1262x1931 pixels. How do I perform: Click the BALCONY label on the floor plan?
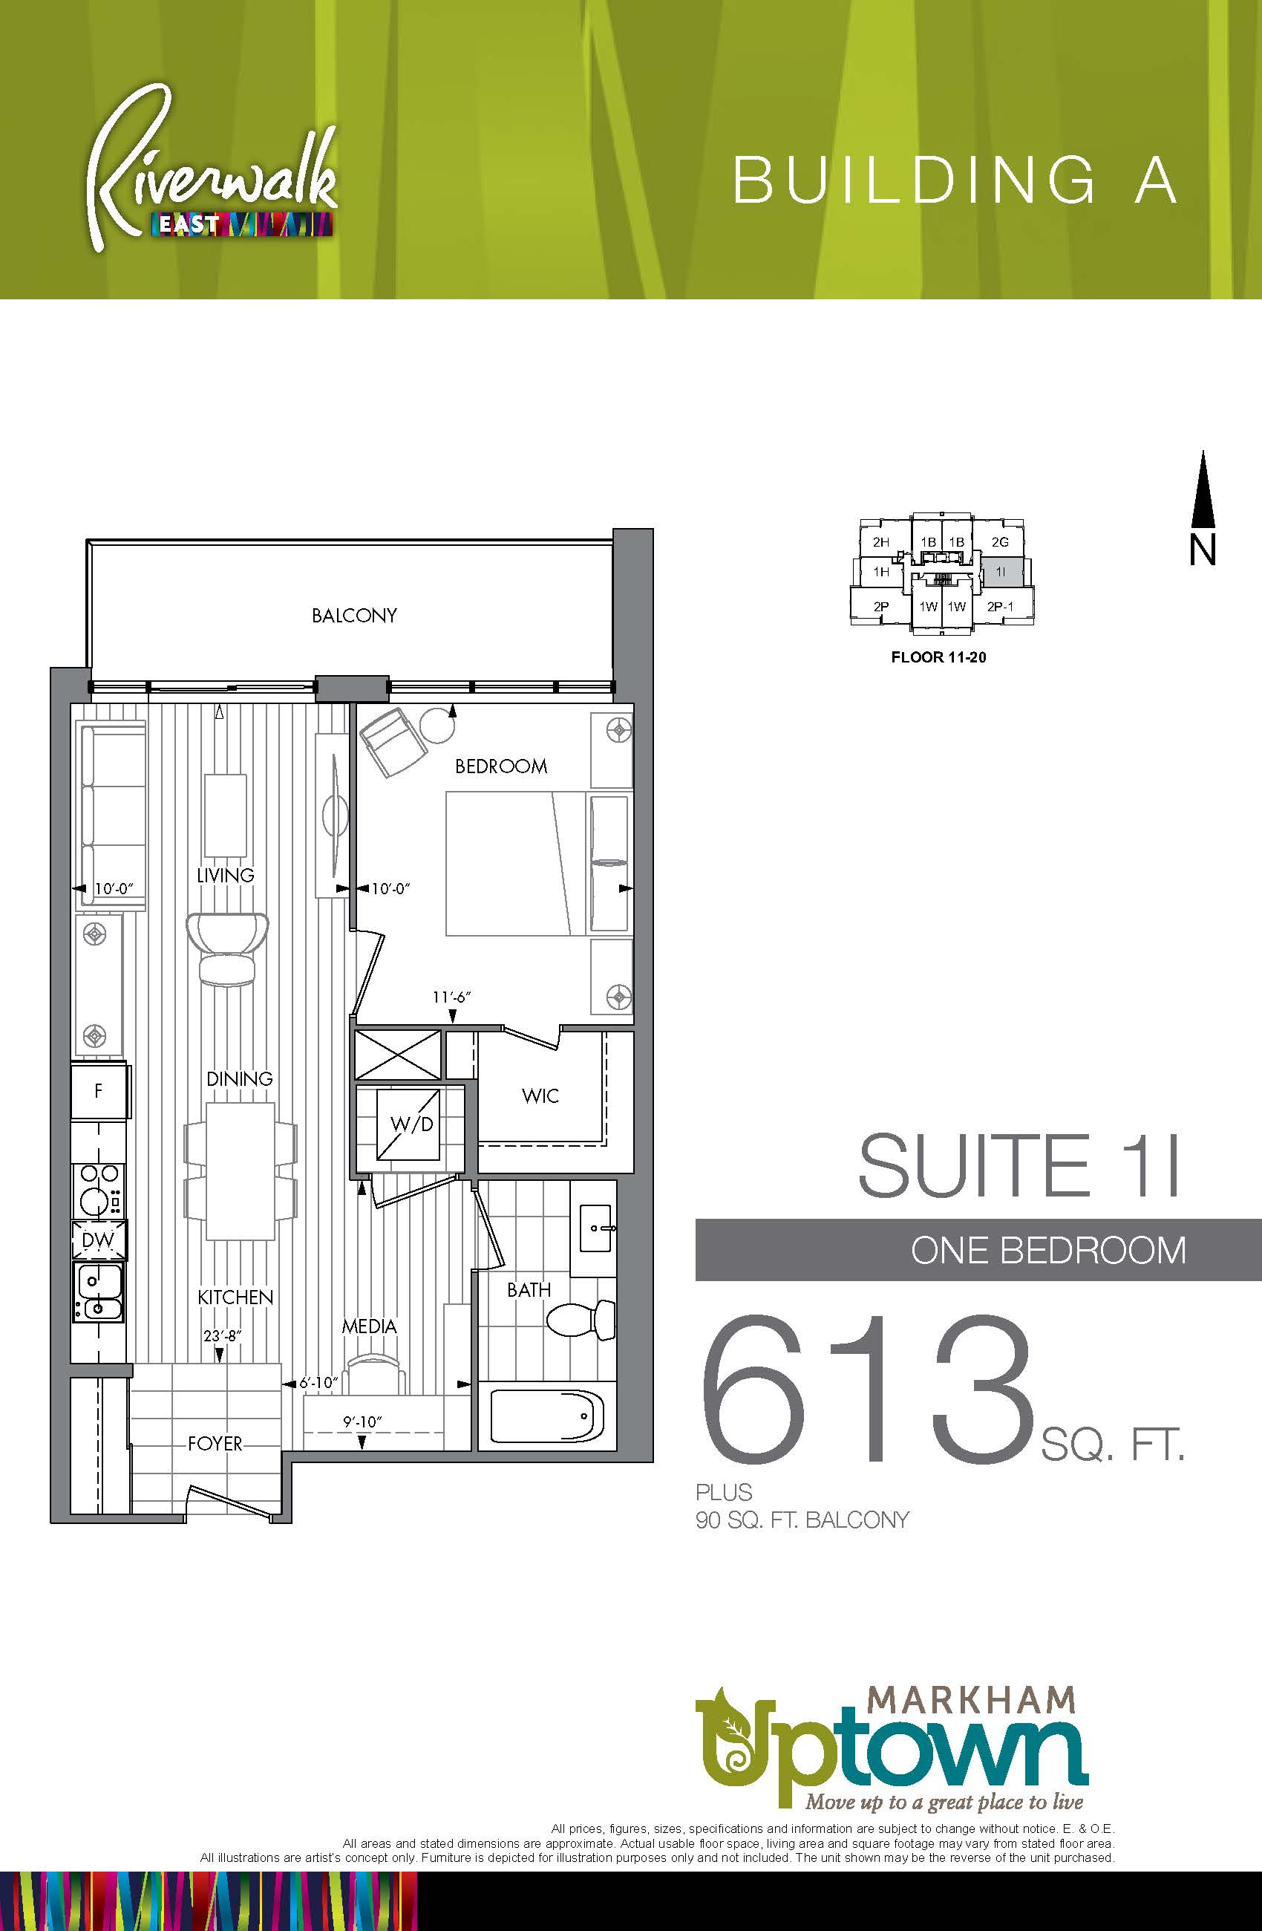354,616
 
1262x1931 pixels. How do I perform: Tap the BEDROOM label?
501,766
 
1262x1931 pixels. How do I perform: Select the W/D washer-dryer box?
411,1124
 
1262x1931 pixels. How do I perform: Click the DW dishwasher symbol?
98,1240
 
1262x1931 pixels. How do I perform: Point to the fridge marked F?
99,1091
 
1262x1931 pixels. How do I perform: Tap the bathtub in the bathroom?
547,1416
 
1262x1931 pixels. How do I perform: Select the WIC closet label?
540,1096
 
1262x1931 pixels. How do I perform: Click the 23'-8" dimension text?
223,1335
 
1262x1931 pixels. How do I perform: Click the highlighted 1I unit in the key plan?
1001,572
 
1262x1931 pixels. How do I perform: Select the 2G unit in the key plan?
1000,542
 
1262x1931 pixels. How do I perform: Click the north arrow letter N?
1203,551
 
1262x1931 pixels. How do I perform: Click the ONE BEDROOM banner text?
1048,1250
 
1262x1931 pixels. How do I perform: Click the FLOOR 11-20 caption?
938,657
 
